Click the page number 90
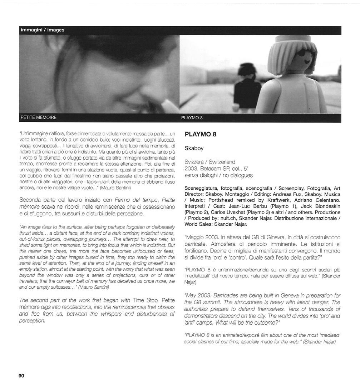(x=21, y=375)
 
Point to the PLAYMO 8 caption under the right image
(x=192, y=117)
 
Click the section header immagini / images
(x=42, y=30)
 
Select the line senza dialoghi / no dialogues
(x=218, y=175)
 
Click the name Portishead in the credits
(x=227, y=201)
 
